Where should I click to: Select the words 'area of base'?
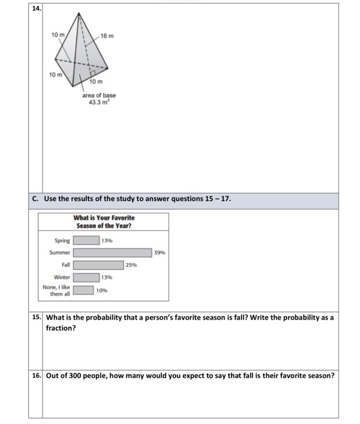pyautogui.click(x=99, y=95)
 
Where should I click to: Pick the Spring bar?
pyautogui.click(x=87, y=240)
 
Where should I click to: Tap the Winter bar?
pyautogui.click(x=87, y=277)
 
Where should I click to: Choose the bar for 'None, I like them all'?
pyautogui.click(x=83, y=290)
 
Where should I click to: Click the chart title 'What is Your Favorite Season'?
pyautogui.click(x=104, y=221)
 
